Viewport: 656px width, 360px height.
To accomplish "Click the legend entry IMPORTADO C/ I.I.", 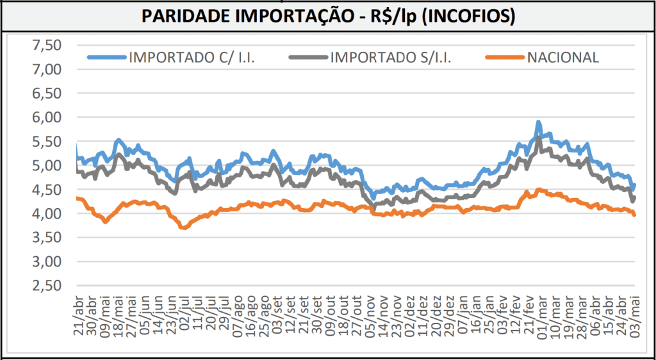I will [192, 57].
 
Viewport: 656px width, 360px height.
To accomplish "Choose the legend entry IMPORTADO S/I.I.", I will [391, 57].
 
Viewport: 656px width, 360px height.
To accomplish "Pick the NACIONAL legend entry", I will [563, 57].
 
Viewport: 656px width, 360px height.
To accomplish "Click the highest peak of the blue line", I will [539, 122].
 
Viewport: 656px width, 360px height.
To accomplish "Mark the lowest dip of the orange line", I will [184, 227].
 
